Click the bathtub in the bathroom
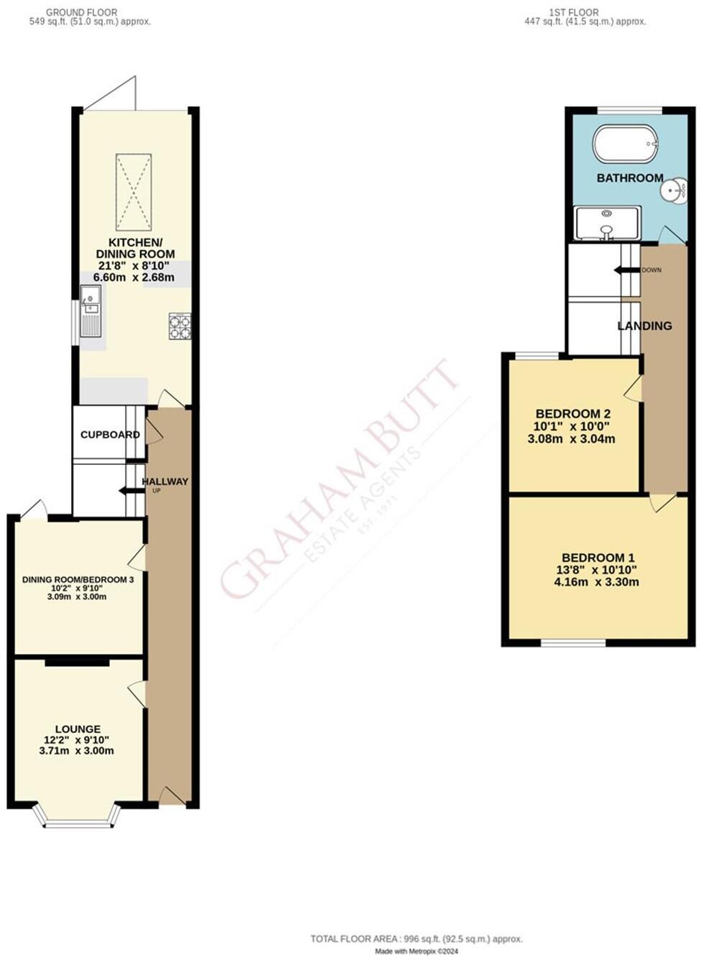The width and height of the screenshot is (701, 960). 625,144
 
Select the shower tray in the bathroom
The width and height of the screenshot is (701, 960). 607,223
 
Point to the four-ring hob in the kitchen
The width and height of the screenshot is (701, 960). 180,326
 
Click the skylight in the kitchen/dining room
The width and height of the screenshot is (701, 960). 134,192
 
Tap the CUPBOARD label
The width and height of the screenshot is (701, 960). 110,435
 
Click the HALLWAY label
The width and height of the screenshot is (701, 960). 165,481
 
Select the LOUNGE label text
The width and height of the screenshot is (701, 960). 78,729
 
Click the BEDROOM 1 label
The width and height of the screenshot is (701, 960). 598,558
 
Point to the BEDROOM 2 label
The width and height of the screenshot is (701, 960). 573,413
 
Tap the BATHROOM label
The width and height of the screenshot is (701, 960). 630,177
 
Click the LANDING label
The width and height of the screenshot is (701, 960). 645,326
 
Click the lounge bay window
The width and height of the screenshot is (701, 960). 75,819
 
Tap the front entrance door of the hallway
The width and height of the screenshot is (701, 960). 172,795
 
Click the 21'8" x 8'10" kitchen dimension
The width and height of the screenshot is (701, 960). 136,265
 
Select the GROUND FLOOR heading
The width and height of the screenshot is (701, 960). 81,12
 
